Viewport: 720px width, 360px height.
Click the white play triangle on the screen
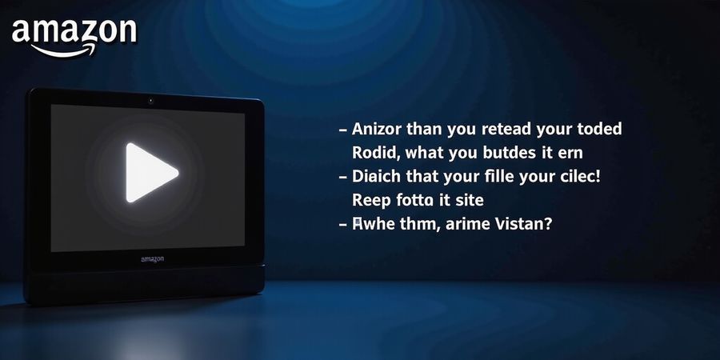coord(149,172)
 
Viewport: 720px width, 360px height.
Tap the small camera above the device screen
coord(150,102)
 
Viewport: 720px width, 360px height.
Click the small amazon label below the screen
coord(151,258)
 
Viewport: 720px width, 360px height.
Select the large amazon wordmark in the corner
coord(74,31)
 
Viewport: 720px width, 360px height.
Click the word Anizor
coord(377,129)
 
